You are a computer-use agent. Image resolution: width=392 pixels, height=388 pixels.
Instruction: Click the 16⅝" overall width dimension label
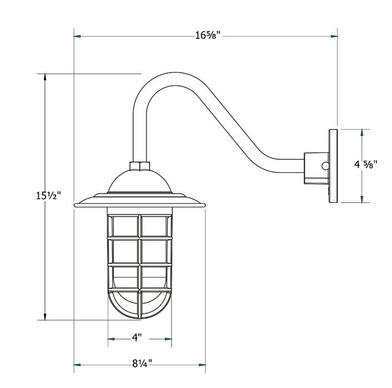(x=208, y=36)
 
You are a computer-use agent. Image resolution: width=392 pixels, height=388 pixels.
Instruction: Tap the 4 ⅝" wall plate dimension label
(x=366, y=164)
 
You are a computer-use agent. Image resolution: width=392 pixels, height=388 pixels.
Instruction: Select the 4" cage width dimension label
(x=137, y=337)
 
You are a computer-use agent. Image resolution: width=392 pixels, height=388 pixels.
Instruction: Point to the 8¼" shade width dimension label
(x=140, y=364)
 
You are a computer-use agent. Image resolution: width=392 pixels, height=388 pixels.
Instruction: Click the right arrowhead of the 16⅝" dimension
(x=334, y=36)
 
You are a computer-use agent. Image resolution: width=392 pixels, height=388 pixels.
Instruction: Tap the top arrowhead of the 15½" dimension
(x=45, y=78)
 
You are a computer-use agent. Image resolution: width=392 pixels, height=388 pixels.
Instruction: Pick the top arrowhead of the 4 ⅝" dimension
(x=362, y=134)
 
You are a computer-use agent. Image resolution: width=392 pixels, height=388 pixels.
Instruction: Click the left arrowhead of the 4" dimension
(x=111, y=338)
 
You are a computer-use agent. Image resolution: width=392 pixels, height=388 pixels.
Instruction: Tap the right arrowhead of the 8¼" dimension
(x=202, y=364)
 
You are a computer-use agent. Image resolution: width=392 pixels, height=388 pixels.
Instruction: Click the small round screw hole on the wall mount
(x=325, y=166)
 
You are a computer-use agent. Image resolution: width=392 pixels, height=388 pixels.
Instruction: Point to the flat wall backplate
(x=333, y=166)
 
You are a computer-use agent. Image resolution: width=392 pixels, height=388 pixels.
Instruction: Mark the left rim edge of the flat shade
(x=76, y=204)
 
